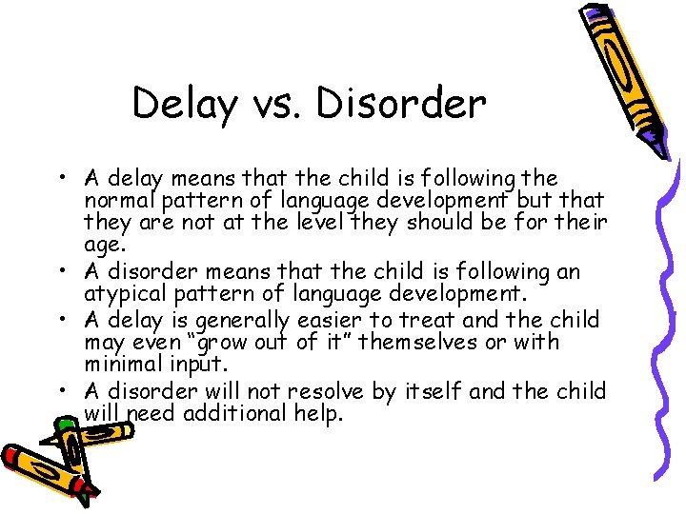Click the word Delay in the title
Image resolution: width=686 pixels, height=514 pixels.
click(x=185, y=104)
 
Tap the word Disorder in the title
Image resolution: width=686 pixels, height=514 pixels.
click(x=401, y=103)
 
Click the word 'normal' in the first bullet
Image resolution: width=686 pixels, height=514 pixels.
click(x=117, y=201)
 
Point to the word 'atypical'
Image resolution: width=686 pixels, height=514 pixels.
click(x=120, y=294)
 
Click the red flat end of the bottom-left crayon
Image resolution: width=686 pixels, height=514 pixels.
click(x=10, y=456)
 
